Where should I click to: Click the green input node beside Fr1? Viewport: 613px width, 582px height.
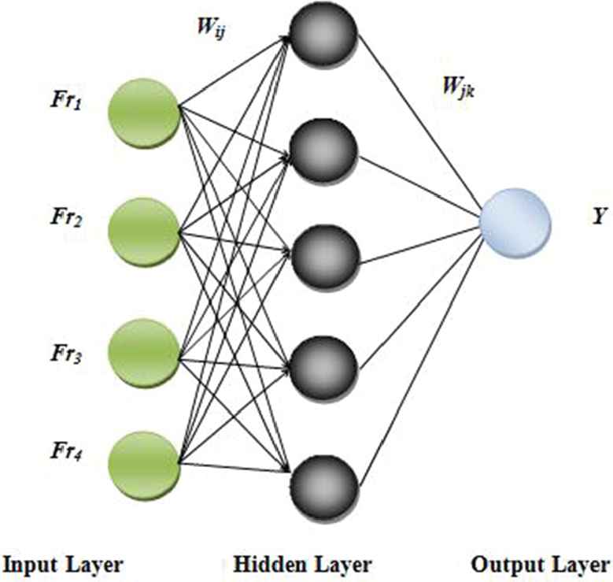144,113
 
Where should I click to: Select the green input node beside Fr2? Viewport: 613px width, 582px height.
144,232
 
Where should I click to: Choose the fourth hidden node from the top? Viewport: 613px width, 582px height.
323,365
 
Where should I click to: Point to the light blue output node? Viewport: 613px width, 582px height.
515,222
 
